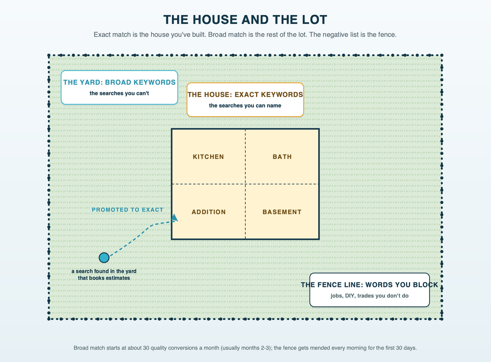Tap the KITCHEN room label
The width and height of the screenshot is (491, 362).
click(x=208, y=157)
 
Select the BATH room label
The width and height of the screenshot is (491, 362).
click(x=282, y=157)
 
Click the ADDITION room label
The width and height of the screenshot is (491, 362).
click(x=209, y=212)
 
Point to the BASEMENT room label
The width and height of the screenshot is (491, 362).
click(x=282, y=212)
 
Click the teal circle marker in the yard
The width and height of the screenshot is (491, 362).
click(x=104, y=258)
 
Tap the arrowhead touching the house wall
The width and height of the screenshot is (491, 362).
click(x=174, y=218)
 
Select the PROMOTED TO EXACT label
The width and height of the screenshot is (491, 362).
click(x=128, y=210)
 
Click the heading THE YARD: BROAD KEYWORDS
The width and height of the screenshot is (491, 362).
click(x=119, y=82)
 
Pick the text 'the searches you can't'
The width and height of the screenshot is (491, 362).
click(x=119, y=93)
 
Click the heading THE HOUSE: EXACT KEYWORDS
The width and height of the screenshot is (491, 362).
click(x=245, y=95)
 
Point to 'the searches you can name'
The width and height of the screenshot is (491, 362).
click(x=245, y=105)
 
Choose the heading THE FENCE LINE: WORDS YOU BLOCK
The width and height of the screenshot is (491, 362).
click(x=369, y=285)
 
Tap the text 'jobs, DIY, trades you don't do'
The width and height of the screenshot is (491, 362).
click(x=369, y=296)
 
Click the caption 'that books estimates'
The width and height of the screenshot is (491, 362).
click(x=104, y=278)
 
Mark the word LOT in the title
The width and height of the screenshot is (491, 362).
click(x=315, y=20)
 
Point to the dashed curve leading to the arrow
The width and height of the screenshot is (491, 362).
click(x=142, y=232)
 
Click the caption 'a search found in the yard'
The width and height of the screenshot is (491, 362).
click(x=104, y=271)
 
